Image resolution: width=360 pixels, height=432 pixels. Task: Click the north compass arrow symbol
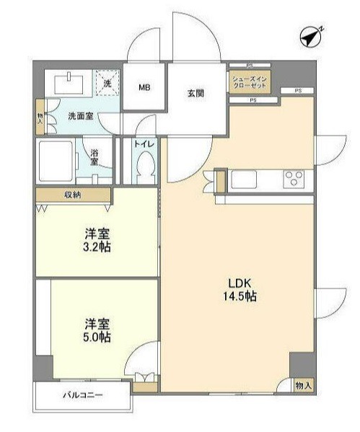(x=311, y=37)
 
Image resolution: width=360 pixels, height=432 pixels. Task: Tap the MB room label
(x=144, y=87)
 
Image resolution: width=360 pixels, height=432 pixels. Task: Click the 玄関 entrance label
(x=196, y=94)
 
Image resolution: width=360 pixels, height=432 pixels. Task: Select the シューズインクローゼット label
(x=250, y=81)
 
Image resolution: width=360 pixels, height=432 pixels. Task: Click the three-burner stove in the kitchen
(x=294, y=179)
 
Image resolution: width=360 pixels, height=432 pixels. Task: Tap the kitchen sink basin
(x=244, y=179)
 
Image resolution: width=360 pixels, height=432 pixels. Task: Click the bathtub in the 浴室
(x=56, y=162)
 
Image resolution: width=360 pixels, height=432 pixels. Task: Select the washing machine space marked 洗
(x=107, y=83)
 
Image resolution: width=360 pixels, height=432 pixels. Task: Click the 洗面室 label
(x=81, y=116)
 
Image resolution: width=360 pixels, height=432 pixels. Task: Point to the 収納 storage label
(x=72, y=195)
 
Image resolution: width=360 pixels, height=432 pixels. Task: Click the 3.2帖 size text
(x=97, y=247)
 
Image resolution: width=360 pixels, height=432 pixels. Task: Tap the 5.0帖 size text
(x=97, y=337)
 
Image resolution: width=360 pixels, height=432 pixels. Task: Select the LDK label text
(x=240, y=283)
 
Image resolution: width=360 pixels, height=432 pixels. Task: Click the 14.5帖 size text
(x=240, y=296)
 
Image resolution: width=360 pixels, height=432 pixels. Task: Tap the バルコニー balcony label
(x=82, y=395)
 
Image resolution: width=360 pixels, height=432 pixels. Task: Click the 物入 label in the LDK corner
(x=303, y=386)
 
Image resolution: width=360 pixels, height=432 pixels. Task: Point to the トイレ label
(x=144, y=144)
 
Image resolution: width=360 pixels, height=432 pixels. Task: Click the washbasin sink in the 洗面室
(x=69, y=84)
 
